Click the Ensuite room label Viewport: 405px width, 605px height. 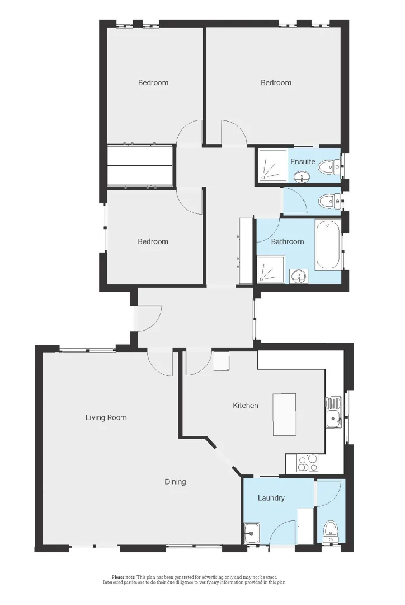[303, 161]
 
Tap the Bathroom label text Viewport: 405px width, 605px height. [288, 241]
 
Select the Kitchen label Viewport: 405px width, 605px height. [246, 405]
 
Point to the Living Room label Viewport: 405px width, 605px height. [106, 417]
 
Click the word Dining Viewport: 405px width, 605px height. [175, 482]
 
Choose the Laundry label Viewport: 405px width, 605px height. [271, 497]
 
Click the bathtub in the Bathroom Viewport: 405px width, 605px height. [328, 245]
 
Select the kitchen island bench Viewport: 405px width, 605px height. [284, 415]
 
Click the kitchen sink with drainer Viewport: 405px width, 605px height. [333, 412]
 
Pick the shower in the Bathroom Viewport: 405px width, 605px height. [271, 269]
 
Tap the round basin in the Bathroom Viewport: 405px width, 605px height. [299, 276]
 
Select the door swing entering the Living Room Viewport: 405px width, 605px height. [162, 363]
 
